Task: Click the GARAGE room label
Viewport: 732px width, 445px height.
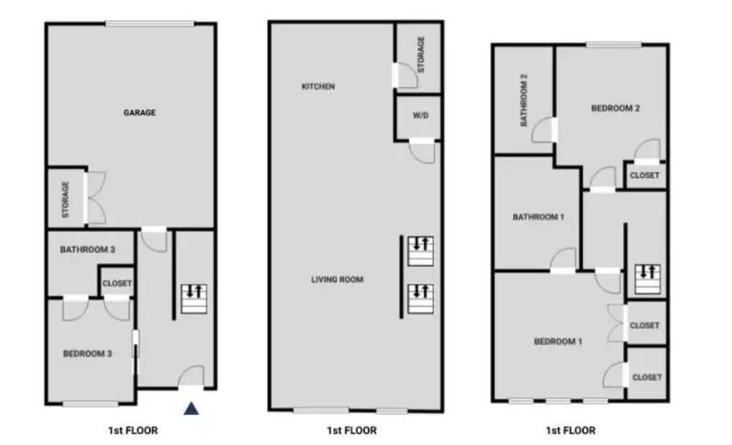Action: (139, 113)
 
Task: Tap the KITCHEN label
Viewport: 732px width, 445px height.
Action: (318, 87)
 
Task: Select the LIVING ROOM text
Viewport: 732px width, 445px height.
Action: (337, 279)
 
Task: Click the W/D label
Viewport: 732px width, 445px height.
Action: (420, 116)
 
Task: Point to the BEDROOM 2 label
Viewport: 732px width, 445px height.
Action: (615, 108)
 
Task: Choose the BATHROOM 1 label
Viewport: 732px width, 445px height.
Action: (537, 217)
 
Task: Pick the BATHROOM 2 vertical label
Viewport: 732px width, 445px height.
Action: (524, 100)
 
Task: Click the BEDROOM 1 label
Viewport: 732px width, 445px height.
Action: (557, 342)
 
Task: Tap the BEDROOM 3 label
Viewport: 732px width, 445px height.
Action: (87, 354)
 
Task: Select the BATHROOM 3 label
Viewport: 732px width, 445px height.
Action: (88, 249)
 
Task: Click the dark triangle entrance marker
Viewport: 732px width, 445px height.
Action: (190, 408)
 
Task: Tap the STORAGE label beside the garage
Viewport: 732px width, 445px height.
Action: (65, 198)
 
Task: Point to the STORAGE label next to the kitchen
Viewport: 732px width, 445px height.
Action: (420, 54)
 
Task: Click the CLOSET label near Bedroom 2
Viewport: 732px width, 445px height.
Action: (644, 175)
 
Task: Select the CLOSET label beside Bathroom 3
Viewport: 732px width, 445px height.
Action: (117, 283)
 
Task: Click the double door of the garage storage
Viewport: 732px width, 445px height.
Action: (95, 196)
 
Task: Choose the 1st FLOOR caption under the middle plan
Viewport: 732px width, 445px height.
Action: (350, 430)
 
